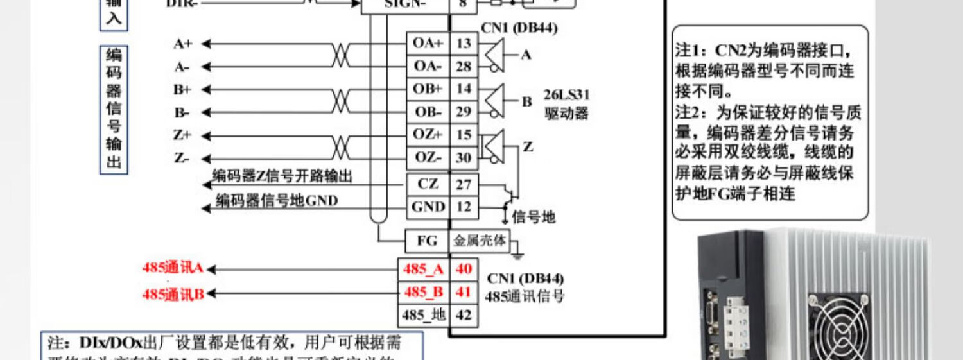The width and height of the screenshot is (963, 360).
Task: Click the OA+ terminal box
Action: coord(428,43)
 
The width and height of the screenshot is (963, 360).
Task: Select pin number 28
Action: coord(464,66)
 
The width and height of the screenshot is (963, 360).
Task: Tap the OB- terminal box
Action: coord(428,112)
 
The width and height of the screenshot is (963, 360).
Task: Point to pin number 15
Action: coord(464,135)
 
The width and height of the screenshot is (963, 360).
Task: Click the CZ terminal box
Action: coord(428,184)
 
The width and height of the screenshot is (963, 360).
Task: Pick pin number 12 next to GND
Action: coord(464,207)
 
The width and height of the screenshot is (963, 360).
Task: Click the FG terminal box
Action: coord(427,241)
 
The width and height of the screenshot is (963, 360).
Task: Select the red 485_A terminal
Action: coord(424,269)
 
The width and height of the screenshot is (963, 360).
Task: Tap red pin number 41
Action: coord(464,292)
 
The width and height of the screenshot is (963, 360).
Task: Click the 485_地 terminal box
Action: coord(424,315)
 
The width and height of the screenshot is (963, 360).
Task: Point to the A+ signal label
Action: coord(183,44)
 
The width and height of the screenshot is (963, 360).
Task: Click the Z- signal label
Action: coord(182,158)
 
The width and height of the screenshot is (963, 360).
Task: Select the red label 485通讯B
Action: coord(173,294)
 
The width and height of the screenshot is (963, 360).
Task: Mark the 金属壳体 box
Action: coord(480,241)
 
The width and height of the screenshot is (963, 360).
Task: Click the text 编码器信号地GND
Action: coord(277,201)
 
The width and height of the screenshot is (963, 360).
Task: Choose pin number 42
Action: coord(464,315)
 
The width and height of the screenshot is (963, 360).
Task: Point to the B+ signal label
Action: coord(182,89)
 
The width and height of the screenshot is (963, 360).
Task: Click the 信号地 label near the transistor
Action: coord(534,218)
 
